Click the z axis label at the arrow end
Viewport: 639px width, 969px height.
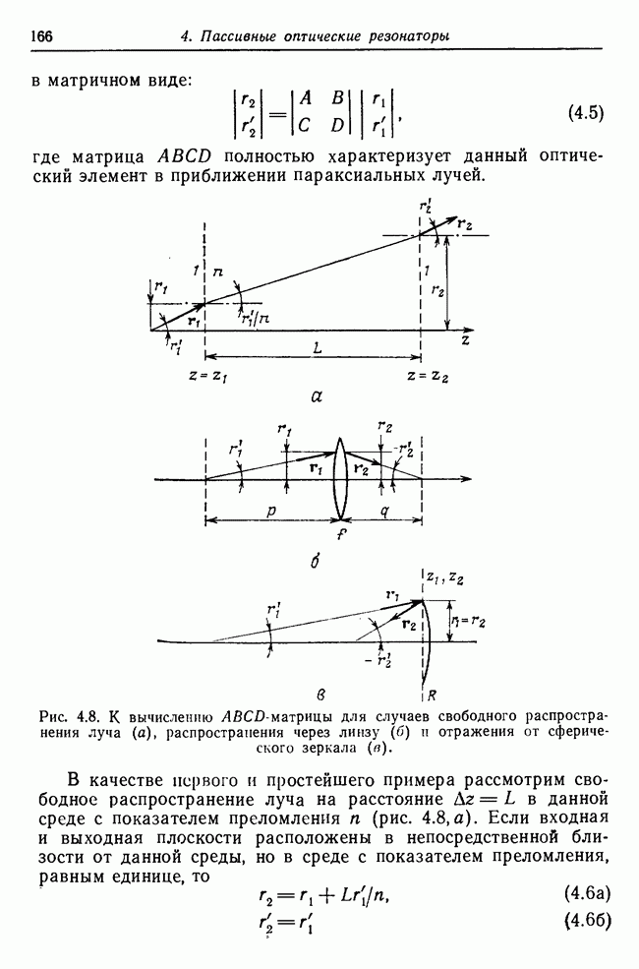click(463, 340)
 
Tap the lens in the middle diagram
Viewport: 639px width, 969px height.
click(340, 480)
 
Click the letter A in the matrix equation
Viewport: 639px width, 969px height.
click(307, 97)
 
